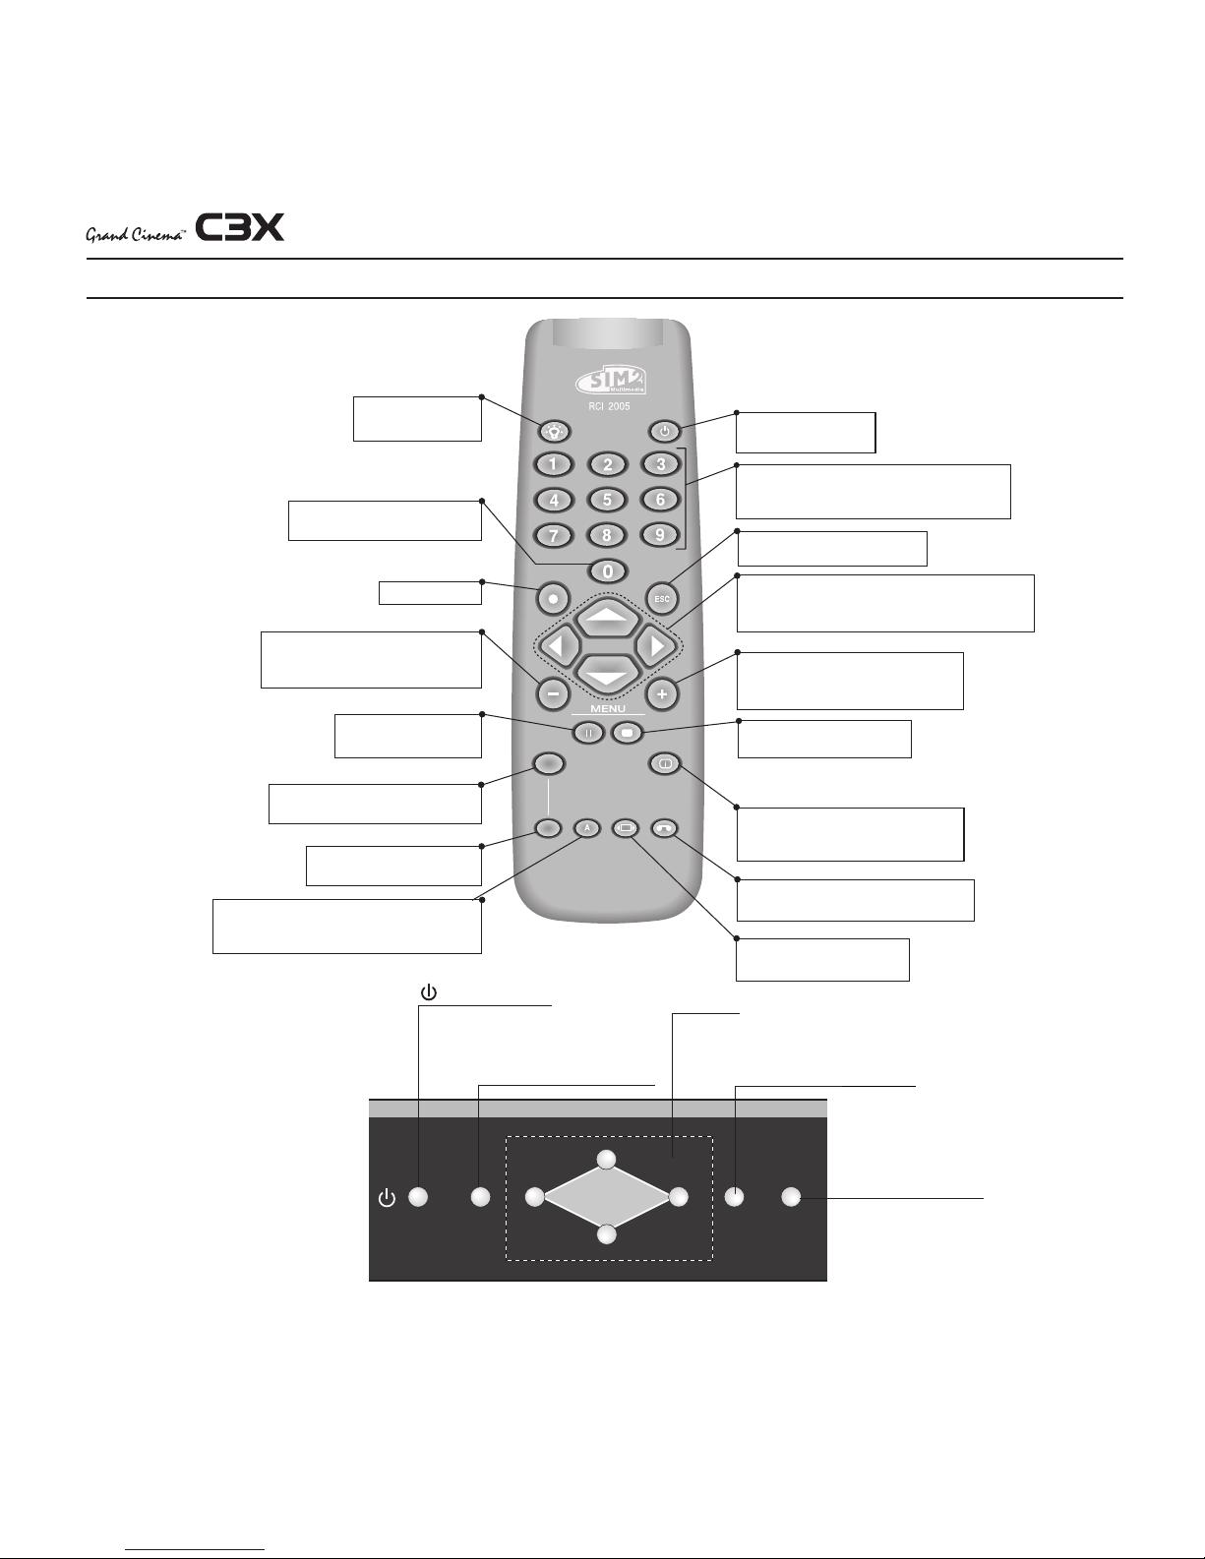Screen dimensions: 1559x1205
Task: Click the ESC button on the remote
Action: (662, 598)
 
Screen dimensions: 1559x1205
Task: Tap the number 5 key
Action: (607, 499)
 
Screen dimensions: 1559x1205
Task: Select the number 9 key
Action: (660, 535)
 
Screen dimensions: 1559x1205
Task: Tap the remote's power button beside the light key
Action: (665, 430)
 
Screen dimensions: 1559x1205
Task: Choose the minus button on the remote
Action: (553, 693)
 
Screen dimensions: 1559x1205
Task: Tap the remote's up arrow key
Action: (607, 617)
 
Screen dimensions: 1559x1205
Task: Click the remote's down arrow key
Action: (607, 674)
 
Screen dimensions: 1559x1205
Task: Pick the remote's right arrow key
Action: (654, 646)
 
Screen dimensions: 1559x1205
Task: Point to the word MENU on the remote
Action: (608, 708)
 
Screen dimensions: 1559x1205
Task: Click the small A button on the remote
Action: (587, 828)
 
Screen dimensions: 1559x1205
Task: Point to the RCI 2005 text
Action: (608, 405)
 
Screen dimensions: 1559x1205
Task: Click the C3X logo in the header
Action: (240, 228)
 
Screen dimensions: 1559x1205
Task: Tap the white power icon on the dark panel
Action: (388, 1198)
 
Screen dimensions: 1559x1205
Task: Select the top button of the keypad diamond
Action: (608, 1159)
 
